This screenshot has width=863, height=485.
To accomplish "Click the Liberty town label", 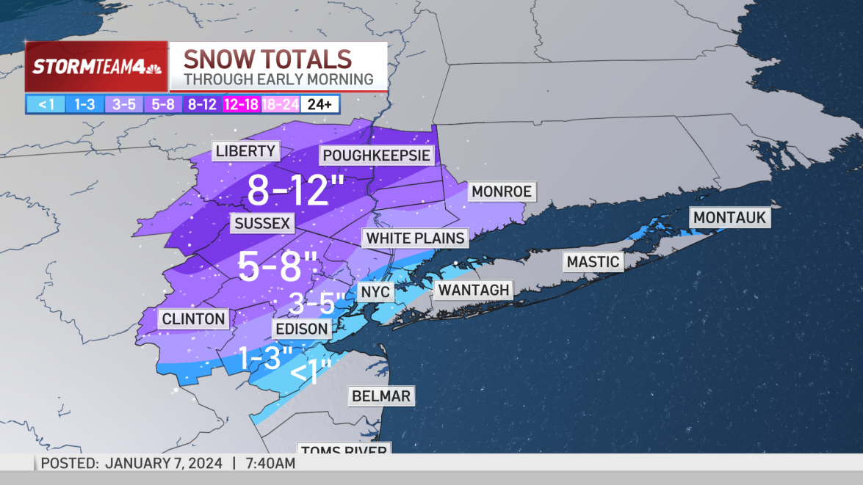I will (x=245, y=152).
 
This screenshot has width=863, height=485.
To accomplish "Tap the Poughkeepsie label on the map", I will (x=376, y=156).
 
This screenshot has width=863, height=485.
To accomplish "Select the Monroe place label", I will (x=501, y=192).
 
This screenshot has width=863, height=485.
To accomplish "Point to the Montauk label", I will (x=729, y=218).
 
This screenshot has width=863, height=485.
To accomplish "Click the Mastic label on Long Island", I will (x=593, y=262).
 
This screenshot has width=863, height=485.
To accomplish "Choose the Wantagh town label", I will (x=473, y=290).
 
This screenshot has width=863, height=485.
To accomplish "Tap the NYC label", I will (x=375, y=293).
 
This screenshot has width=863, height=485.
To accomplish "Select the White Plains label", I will (x=415, y=238).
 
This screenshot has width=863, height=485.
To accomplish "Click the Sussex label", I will (x=261, y=223).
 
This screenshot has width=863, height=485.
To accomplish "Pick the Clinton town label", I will (x=193, y=318).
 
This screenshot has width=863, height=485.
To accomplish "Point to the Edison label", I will (x=301, y=328).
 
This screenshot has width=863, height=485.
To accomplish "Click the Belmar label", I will (x=380, y=396).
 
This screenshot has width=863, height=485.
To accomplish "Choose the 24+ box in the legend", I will (x=320, y=104).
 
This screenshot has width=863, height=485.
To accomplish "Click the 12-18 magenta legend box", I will (x=241, y=104).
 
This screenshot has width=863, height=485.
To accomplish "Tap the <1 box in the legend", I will (x=46, y=104).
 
